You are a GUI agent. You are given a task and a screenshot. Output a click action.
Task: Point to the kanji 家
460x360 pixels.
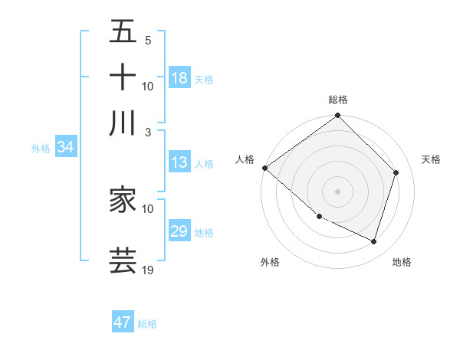[x=123, y=200]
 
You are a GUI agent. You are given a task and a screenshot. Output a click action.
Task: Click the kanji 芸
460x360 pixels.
[x=123, y=260]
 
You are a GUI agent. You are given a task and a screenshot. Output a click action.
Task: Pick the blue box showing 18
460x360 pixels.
[x=179, y=78]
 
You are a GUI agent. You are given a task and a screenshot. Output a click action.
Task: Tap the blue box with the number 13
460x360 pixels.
[x=179, y=162]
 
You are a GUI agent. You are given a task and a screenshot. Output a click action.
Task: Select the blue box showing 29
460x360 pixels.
[x=179, y=231]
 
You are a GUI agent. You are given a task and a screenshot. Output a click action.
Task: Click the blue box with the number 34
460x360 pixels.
[x=65, y=148]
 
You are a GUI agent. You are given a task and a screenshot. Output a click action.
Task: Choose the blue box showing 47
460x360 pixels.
[x=122, y=322]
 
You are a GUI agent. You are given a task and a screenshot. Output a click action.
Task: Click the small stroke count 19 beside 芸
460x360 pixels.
[x=147, y=270]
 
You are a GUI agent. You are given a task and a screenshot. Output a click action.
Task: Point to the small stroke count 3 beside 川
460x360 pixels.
[x=147, y=132]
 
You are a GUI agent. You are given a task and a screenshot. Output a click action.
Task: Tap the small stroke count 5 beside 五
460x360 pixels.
[x=147, y=40]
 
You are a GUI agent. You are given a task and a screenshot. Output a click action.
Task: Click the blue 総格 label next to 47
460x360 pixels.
[x=147, y=324]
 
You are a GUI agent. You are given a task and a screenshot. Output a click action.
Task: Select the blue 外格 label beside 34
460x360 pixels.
[x=41, y=149]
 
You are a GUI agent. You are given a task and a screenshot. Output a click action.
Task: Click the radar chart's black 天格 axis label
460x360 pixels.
[x=431, y=159]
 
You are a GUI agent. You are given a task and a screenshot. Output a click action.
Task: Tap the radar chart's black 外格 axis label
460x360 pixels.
[x=270, y=262]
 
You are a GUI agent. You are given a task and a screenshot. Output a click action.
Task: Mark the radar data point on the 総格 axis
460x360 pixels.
[x=337, y=116]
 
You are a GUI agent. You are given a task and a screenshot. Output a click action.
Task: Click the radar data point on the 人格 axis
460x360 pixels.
[x=264, y=168]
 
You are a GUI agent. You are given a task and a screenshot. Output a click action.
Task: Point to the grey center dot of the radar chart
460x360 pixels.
[x=337, y=191]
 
